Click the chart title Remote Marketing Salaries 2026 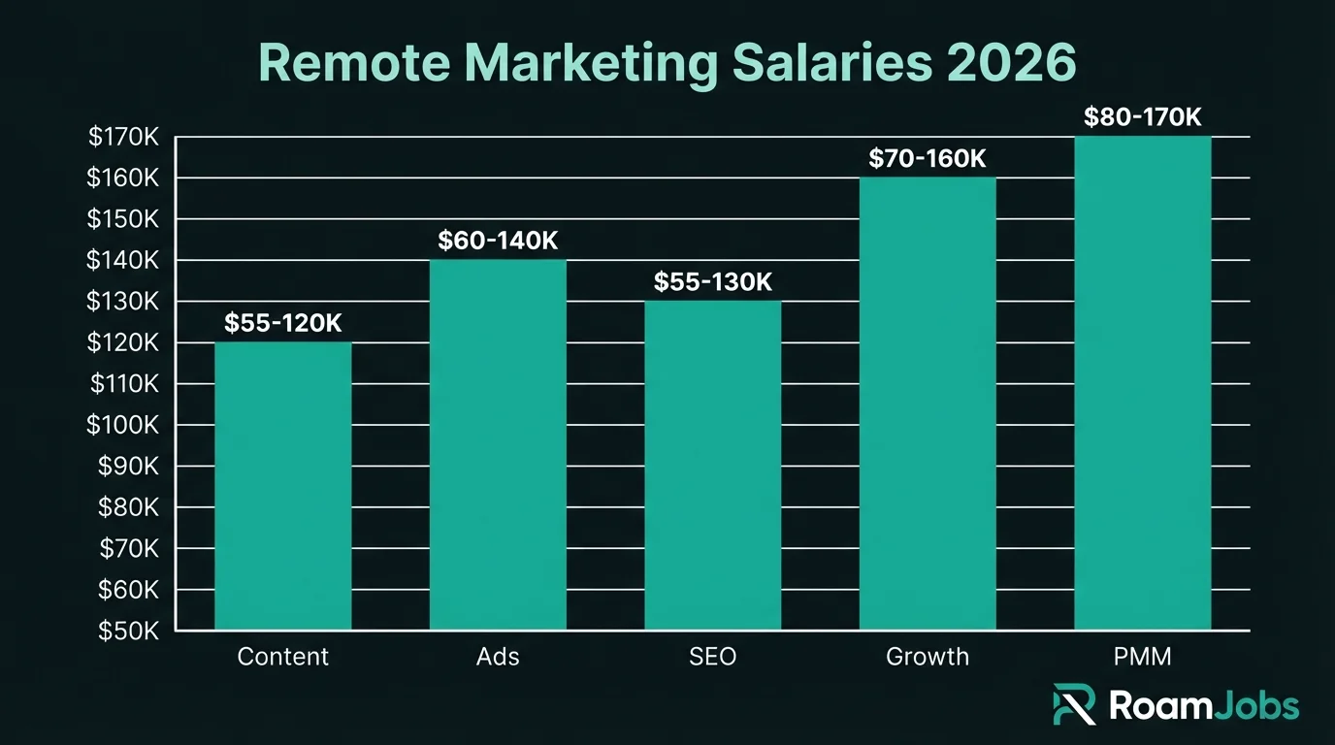pos(667,63)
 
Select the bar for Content pos(282,485)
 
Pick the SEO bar pos(712,466)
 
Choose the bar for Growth pos(928,403)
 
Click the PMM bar pos(1142,383)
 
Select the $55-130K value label pos(712,282)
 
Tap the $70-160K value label pos(928,159)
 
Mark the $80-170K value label pos(1142,118)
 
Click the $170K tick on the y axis pos(123,138)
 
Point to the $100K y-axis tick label pos(123,425)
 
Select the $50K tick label pos(128,631)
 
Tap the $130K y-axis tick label pos(123,302)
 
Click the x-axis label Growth pos(928,657)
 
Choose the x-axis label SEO pos(712,657)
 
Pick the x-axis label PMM pos(1142,657)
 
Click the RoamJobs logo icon pos(1074,704)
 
